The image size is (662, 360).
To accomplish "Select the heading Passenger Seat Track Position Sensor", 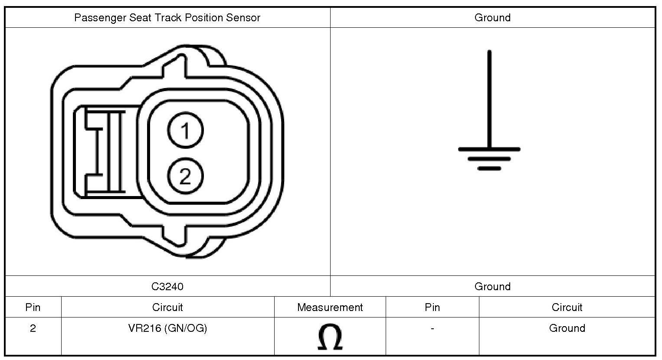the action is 167,18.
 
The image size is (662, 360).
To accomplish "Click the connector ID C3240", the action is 167,286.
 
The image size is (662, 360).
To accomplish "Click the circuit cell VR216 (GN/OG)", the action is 167,328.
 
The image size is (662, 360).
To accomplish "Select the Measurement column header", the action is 330,308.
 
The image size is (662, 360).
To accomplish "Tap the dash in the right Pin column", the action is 432,328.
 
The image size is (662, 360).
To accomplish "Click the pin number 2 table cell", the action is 33,328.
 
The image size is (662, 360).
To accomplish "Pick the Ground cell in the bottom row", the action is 567,328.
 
